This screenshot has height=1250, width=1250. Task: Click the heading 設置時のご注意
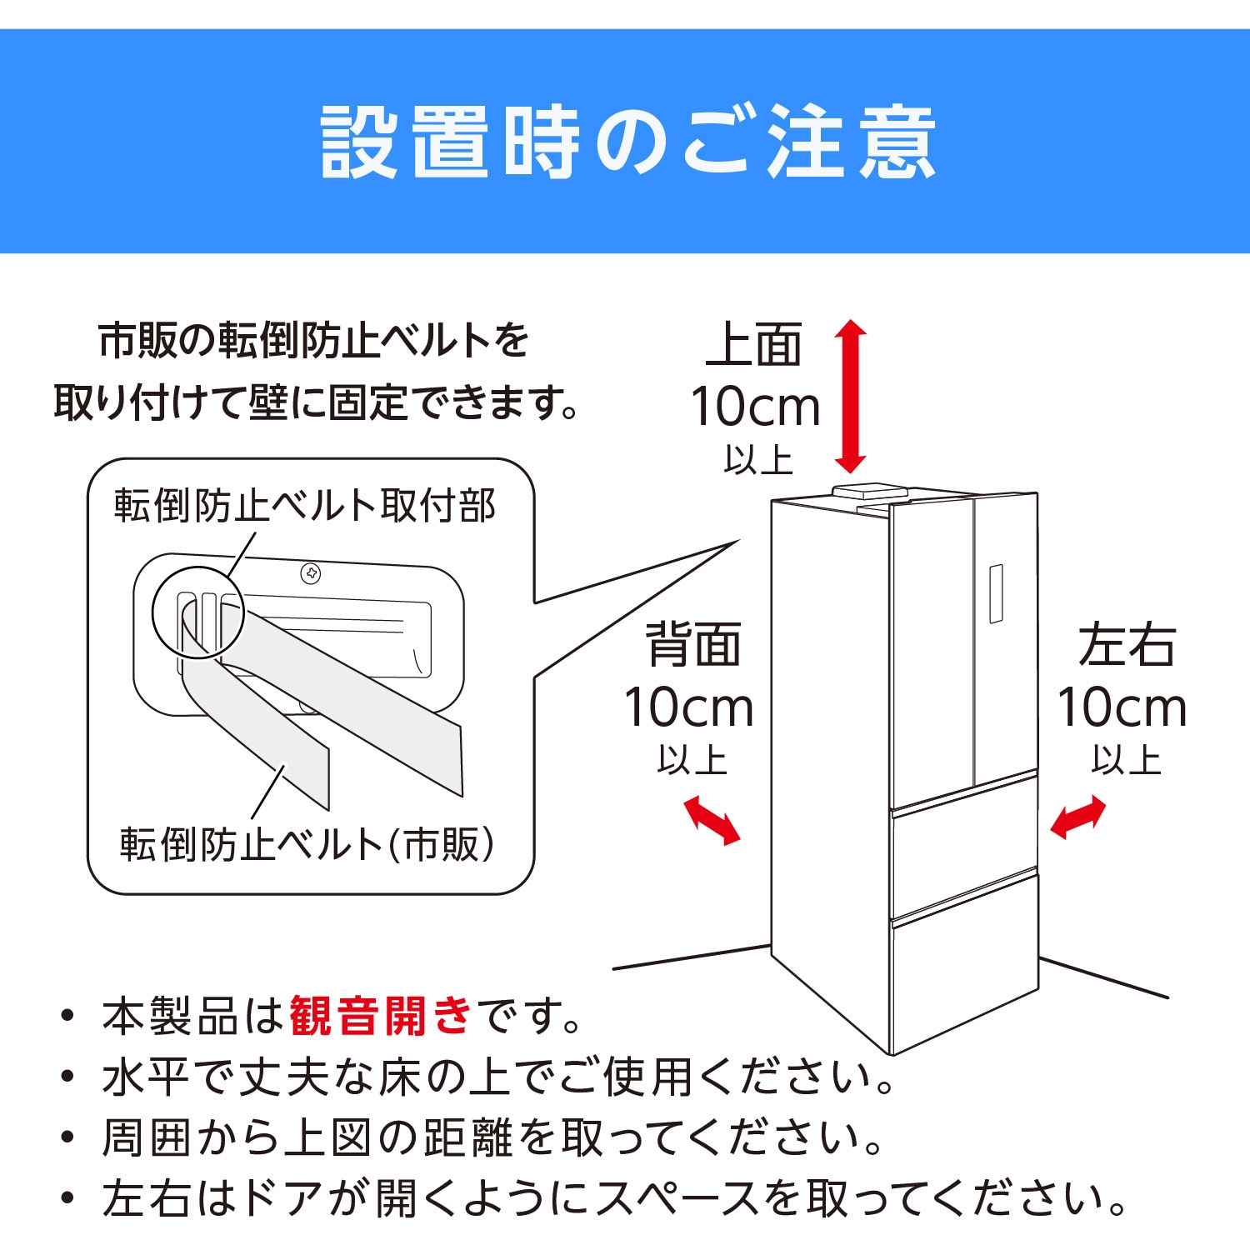627,142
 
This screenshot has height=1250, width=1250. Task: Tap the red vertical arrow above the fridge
851,397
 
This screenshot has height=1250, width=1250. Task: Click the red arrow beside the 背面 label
712,820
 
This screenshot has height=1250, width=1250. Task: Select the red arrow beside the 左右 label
1077,817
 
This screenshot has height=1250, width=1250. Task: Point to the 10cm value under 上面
756,407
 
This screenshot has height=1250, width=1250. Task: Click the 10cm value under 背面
689,708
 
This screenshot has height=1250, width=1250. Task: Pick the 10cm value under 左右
1122,708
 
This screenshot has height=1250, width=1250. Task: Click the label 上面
754,344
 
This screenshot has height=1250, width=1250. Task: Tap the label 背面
693,645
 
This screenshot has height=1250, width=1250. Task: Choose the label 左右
1127,645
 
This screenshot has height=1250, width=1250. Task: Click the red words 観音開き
380,1016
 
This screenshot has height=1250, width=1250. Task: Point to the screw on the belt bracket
311,573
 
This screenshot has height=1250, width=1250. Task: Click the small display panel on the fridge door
996,593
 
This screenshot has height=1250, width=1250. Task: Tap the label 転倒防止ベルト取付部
305,506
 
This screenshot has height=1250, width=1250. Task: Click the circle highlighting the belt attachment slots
197,612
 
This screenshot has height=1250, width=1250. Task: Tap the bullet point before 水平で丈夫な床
68,1077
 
